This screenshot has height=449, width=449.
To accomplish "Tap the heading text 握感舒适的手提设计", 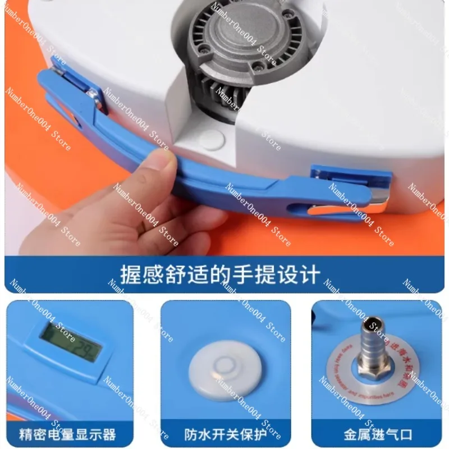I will coord(220,274).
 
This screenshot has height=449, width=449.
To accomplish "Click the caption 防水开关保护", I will coord(224,434).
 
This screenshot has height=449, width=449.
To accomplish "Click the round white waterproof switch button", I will coord(224,368).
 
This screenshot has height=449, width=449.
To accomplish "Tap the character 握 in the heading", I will coord(131,274).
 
